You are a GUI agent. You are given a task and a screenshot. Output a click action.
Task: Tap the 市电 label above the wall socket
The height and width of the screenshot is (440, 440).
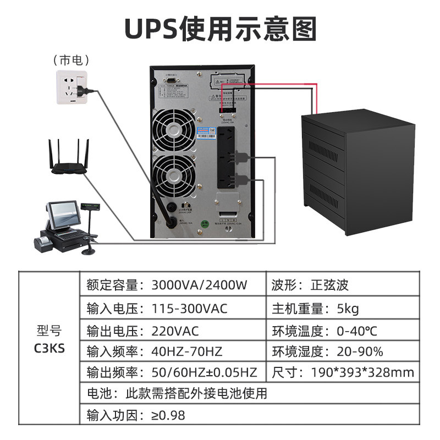(71, 59)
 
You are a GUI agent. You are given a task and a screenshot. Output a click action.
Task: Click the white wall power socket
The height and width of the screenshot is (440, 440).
(71, 87)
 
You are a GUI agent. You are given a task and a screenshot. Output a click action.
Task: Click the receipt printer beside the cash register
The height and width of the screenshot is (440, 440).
(43, 242)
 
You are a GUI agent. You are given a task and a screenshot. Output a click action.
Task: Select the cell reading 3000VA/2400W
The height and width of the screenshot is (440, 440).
(200, 285)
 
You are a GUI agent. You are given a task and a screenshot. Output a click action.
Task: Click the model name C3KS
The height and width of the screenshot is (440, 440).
(50, 349)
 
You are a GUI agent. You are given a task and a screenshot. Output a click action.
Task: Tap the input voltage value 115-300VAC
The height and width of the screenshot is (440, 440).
(189, 309)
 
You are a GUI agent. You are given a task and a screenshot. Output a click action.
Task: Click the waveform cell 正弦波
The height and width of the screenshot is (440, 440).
(330, 285)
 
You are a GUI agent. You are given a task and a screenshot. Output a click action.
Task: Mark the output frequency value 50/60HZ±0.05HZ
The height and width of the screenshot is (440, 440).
(204, 372)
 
